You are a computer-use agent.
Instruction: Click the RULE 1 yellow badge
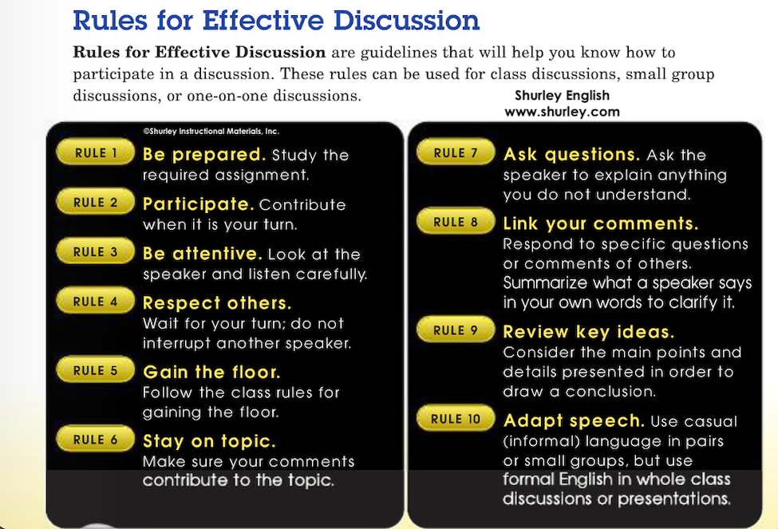click(95, 152)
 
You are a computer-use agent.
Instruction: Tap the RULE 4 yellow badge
click(95, 301)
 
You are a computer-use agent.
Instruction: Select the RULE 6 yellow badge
click(95, 439)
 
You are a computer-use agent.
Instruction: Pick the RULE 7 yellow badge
click(456, 152)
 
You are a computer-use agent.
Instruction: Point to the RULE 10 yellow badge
click(456, 418)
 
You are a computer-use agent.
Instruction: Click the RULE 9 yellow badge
click(456, 330)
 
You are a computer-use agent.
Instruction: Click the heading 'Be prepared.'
click(204, 155)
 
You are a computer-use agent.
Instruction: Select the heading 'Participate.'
click(199, 204)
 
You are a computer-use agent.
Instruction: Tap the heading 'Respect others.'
click(217, 302)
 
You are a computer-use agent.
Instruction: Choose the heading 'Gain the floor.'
click(211, 372)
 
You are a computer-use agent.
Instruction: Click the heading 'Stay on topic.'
click(209, 440)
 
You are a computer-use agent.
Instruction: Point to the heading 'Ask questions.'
click(571, 155)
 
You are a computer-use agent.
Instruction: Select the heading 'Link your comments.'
click(600, 223)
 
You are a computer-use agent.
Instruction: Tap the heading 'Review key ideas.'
click(588, 331)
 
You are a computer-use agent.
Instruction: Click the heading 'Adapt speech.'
click(574, 420)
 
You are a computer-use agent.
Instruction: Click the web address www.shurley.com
click(563, 112)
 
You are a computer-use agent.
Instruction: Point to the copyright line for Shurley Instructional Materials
click(211, 132)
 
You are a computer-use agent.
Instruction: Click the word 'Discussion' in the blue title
click(406, 21)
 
